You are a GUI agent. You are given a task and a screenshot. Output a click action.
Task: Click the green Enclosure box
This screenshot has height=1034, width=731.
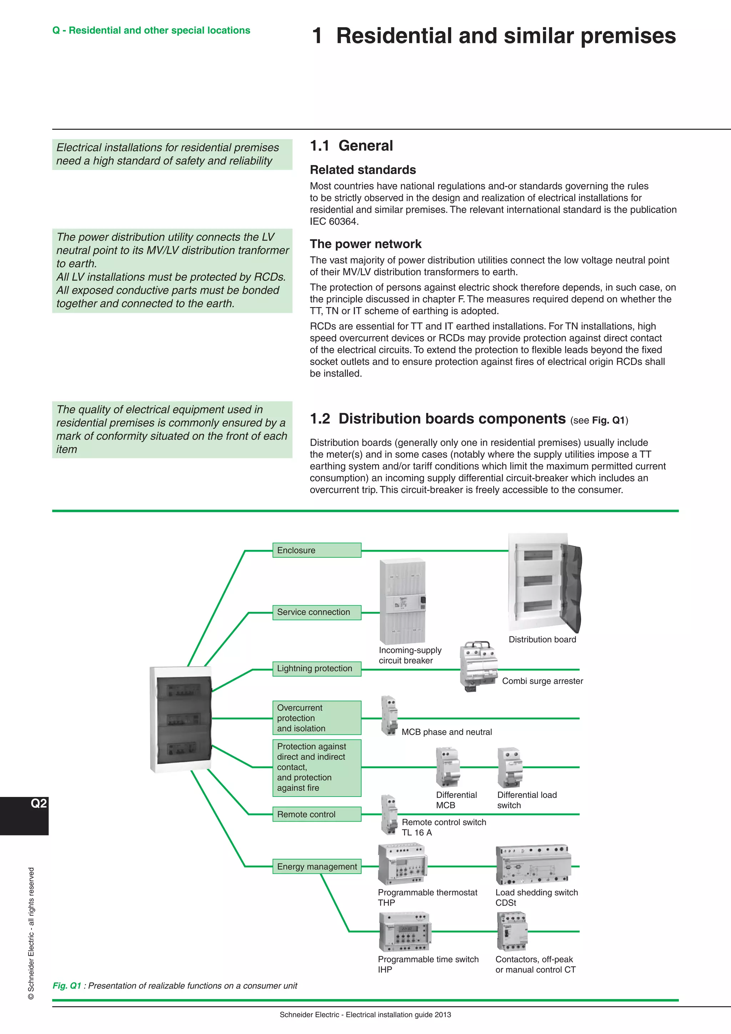[317, 550]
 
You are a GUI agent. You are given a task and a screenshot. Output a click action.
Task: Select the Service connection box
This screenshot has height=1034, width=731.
[317, 612]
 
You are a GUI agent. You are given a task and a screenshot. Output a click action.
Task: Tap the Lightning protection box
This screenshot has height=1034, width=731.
[317, 668]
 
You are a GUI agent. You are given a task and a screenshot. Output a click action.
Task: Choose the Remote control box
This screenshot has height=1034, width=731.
[317, 814]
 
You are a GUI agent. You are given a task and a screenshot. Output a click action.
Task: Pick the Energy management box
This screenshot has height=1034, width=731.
[317, 867]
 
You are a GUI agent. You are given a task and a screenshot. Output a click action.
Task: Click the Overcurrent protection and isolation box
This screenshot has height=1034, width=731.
[317, 718]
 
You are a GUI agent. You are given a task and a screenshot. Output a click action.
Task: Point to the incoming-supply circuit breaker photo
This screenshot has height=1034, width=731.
[402, 601]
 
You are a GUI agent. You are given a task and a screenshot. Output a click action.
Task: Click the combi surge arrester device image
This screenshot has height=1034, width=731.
[478, 666]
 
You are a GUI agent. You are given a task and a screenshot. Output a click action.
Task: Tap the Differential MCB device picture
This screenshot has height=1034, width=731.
[448, 767]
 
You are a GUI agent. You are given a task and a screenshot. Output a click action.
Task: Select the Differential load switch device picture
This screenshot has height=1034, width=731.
[510, 767]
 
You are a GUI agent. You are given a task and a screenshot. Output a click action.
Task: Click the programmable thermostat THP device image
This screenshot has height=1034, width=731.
[402, 865]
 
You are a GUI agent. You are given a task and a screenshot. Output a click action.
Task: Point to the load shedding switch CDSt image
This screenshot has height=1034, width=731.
[533, 865]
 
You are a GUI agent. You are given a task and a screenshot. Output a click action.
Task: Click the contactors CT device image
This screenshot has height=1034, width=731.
[512, 931]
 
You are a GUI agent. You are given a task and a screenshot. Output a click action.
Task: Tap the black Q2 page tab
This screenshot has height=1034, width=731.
[24, 815]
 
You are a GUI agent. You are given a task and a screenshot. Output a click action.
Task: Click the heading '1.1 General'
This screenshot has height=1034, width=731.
[351, 146]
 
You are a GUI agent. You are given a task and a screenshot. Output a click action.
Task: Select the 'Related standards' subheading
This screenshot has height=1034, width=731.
[363, 170]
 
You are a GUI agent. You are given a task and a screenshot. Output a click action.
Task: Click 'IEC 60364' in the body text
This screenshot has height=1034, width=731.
[333, 222]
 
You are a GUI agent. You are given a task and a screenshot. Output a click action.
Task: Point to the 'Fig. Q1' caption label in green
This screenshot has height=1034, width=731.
[67, 985]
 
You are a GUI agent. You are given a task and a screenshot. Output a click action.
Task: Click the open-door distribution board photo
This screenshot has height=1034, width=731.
[545, 583]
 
